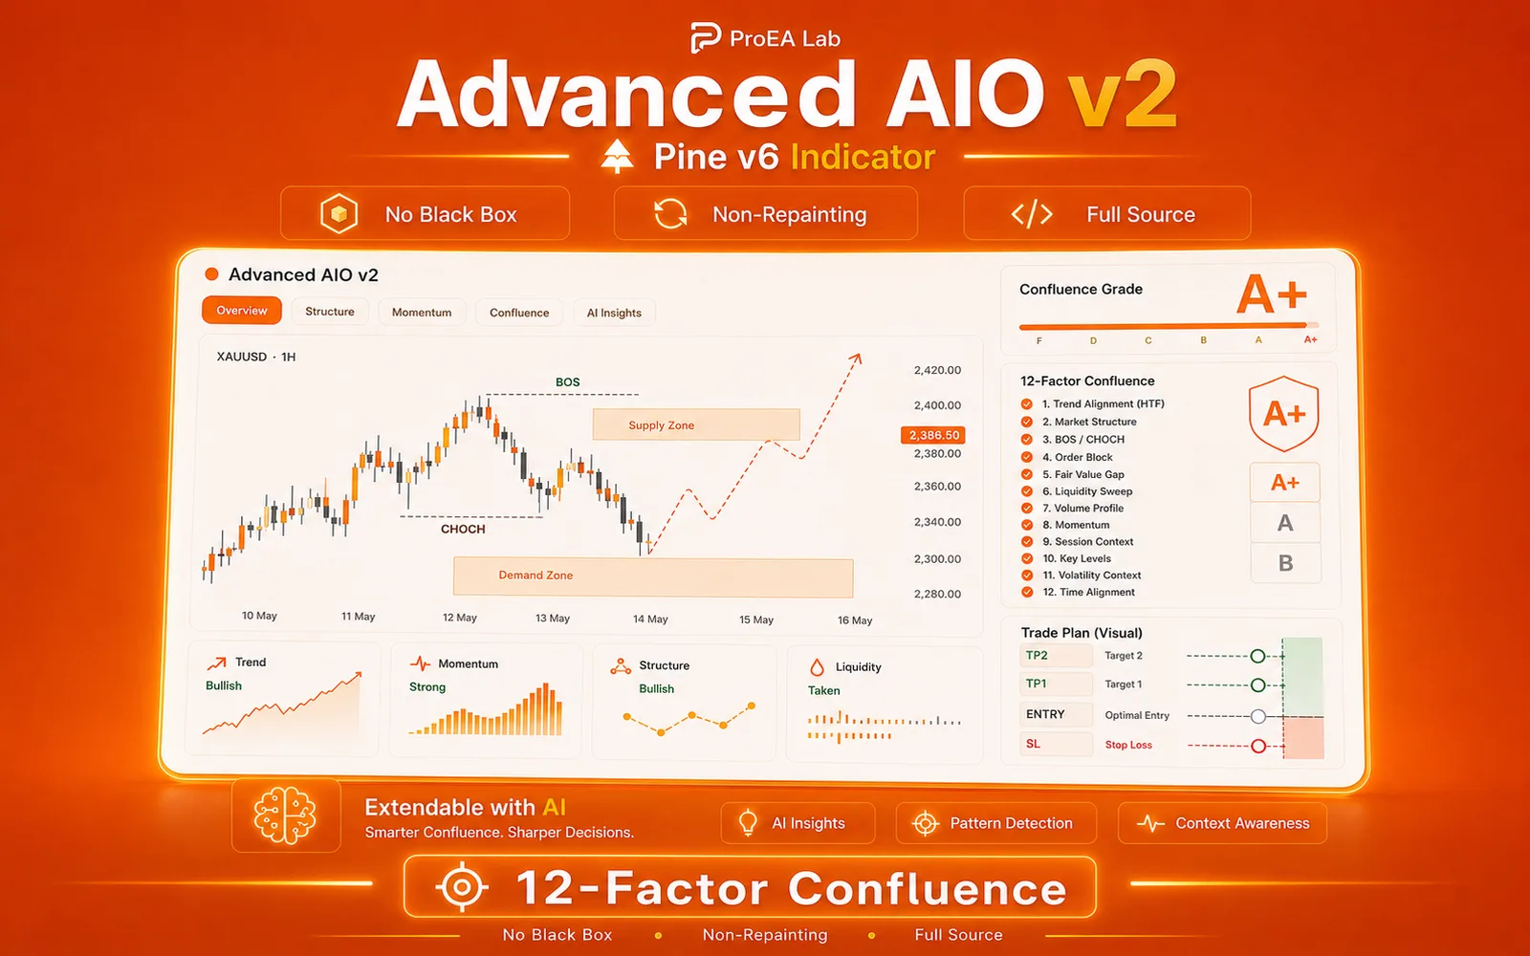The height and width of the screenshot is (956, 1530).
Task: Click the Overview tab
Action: [242, 311]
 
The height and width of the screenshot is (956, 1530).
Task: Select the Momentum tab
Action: [422, 312]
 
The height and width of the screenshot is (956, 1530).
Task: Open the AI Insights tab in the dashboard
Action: [614, 313]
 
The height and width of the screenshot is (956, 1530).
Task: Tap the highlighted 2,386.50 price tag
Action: [933, 435]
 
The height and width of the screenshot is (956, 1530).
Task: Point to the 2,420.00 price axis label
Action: [937, 370]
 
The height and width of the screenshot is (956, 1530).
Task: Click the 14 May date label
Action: [650, 619]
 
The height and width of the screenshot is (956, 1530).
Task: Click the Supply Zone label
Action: [661, 425]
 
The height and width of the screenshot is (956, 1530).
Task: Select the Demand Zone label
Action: [535, 575]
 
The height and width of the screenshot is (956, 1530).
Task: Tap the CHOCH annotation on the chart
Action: [463, 530]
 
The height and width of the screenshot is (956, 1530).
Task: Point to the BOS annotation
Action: [568, 382]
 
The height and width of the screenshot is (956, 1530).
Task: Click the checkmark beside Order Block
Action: [1027, 458]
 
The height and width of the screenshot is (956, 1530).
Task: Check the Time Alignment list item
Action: [1089, 592]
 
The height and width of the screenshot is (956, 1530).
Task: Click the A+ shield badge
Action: [1284, 414]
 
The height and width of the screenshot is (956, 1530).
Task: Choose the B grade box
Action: [1285, 563]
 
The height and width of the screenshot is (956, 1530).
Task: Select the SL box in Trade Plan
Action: [1056, 744]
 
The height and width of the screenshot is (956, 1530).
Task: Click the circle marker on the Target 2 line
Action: [1257, 656]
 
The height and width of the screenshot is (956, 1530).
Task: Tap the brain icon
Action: [285, 815]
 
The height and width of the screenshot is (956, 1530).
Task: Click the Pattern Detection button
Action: [995, 823]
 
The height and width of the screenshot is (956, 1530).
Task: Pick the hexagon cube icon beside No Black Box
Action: [339, 214]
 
